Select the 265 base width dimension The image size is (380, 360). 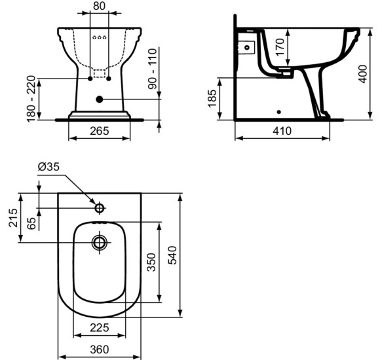point(100,131)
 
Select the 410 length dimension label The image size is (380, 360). point(282,131)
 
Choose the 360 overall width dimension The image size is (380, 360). point(100,350)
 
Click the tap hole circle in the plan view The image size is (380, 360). point(100,208)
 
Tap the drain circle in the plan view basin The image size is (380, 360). point(100,243)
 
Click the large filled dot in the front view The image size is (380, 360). point(100,99)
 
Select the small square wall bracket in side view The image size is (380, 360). point(247,47)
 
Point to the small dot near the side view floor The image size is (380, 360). point(279,111)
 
